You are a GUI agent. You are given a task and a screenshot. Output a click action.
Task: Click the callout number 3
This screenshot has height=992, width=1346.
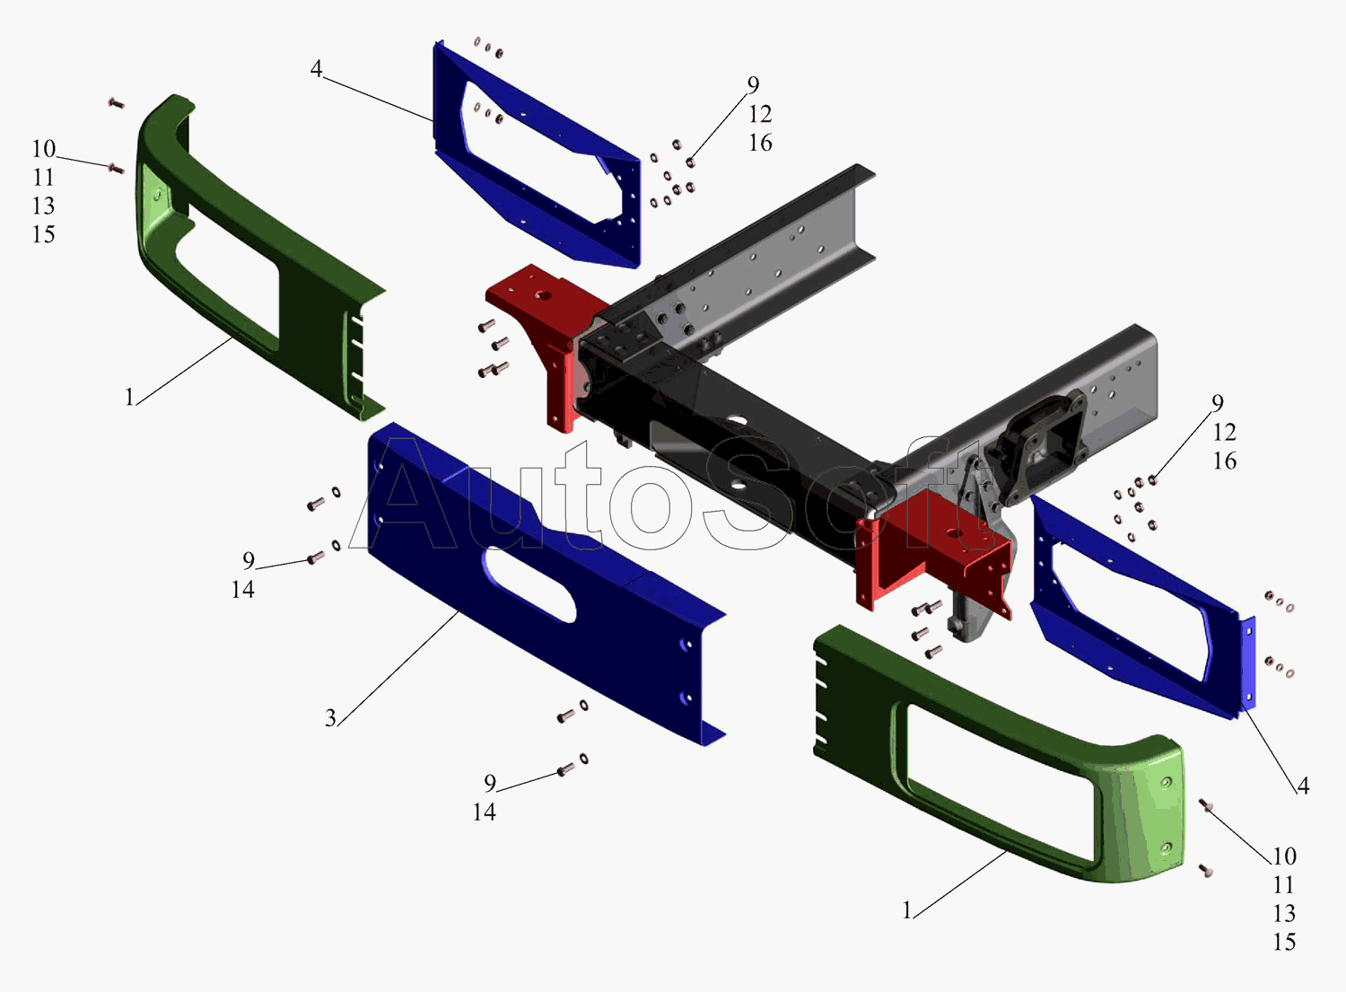pos(330,718)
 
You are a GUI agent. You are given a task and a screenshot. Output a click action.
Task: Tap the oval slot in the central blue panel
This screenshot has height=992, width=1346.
pos(529,584)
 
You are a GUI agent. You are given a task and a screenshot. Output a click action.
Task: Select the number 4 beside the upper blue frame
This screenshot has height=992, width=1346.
pos(316,68)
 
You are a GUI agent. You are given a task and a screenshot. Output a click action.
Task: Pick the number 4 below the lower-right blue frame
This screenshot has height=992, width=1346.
pos(1303,786)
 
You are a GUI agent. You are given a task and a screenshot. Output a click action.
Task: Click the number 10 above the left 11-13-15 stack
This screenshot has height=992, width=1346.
pos(43,148)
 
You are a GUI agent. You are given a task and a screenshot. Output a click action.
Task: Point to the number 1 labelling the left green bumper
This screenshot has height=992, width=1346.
pos(129,398)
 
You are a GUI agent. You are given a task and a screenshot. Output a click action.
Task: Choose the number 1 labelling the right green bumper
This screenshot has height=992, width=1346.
pos(907,911)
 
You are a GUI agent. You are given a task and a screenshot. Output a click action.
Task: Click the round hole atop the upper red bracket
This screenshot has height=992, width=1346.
pos(542,295)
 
